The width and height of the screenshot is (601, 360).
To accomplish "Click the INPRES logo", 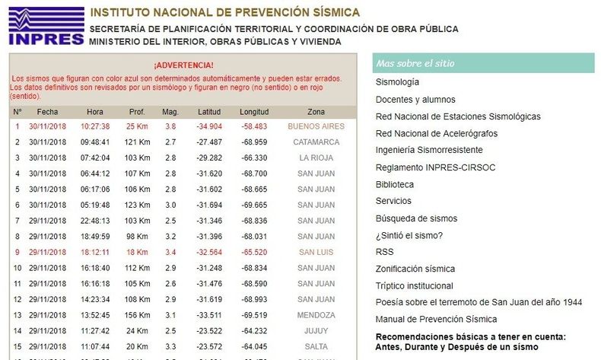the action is (x=46, y=26).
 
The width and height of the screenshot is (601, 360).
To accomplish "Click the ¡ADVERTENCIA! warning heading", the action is (x=183, y=65).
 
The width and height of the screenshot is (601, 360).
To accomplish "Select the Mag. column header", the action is (x=170, y=112).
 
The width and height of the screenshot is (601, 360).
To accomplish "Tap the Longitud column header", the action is (x=254, y=112).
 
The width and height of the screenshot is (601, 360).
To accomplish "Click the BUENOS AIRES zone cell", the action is (x=316, y=126).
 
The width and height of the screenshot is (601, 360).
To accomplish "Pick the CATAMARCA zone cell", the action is (x=316, y=142).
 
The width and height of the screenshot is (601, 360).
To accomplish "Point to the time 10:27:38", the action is (x=95, y=126).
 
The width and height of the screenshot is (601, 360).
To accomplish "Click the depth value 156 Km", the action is (x=137, y=315).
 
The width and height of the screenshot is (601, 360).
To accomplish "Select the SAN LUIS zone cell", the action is (x=316, y=252).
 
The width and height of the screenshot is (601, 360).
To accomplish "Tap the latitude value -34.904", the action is (x=209, y=126).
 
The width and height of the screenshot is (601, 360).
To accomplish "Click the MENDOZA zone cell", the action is (x=316, y=315).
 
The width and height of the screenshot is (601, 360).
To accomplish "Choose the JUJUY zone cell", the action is (x=316, y=331).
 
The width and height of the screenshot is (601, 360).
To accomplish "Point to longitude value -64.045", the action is (x=254, y=346).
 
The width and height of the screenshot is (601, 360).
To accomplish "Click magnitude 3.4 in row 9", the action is (x=170, y=252).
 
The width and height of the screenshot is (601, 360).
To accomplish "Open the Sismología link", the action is (x=397, y=82).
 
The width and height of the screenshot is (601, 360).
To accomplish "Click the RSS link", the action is (x=384, y=252).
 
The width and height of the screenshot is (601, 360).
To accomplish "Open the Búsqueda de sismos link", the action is (x=416, y=218).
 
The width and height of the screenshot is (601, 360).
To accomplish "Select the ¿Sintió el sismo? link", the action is (x=409, y=235).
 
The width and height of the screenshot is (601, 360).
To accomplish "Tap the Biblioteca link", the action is (x=394, y=185).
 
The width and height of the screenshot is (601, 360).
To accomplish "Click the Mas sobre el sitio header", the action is (x=483, y=63).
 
